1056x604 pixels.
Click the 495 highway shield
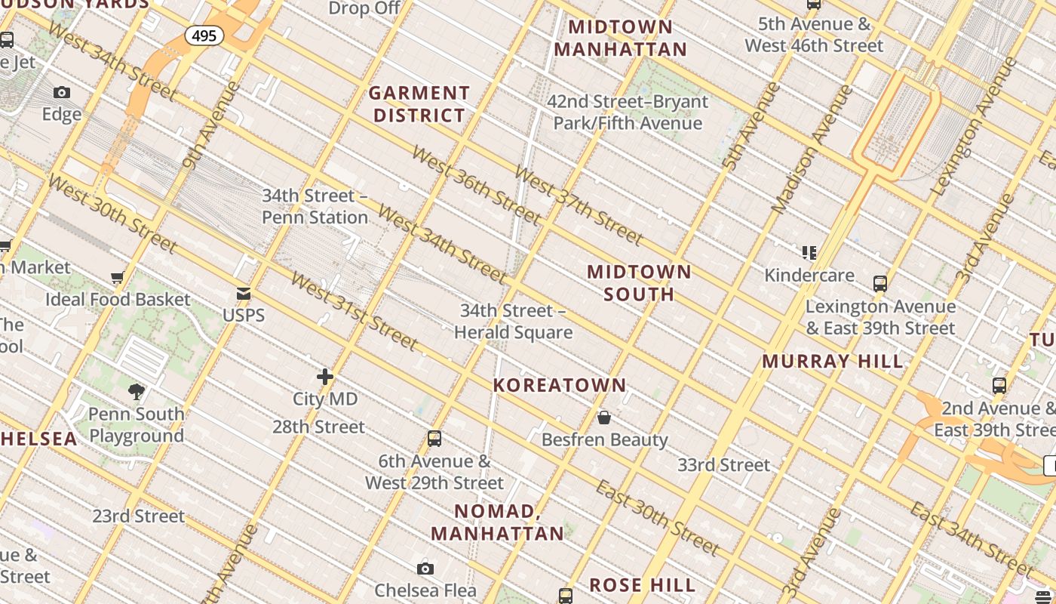pos(204,35)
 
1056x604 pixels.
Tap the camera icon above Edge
pos(62,93)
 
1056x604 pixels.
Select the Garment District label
pos(419,104)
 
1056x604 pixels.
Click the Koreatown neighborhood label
pos(560,385)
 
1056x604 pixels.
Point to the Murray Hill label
pos(833,361)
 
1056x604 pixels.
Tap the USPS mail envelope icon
pos(244,294)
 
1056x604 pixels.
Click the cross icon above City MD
pos(325,376)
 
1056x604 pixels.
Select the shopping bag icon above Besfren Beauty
pos(604,418)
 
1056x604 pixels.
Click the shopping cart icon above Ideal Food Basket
pos(117,278)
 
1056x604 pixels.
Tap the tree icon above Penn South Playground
pos(137,391)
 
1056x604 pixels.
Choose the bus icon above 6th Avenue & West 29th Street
pos(434,438)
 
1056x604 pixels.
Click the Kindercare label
pos(809,275)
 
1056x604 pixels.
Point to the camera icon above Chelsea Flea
pos(425,569)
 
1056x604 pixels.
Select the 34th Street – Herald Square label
pos(513,321)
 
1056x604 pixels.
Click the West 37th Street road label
pos(579,205)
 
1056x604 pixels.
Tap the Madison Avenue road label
pos(812,148)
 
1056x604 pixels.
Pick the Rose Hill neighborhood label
pos(643,585)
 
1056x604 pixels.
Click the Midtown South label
pos(639,282)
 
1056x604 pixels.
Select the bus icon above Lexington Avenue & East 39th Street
pos(880,284)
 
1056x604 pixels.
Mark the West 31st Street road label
pos(354,311)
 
